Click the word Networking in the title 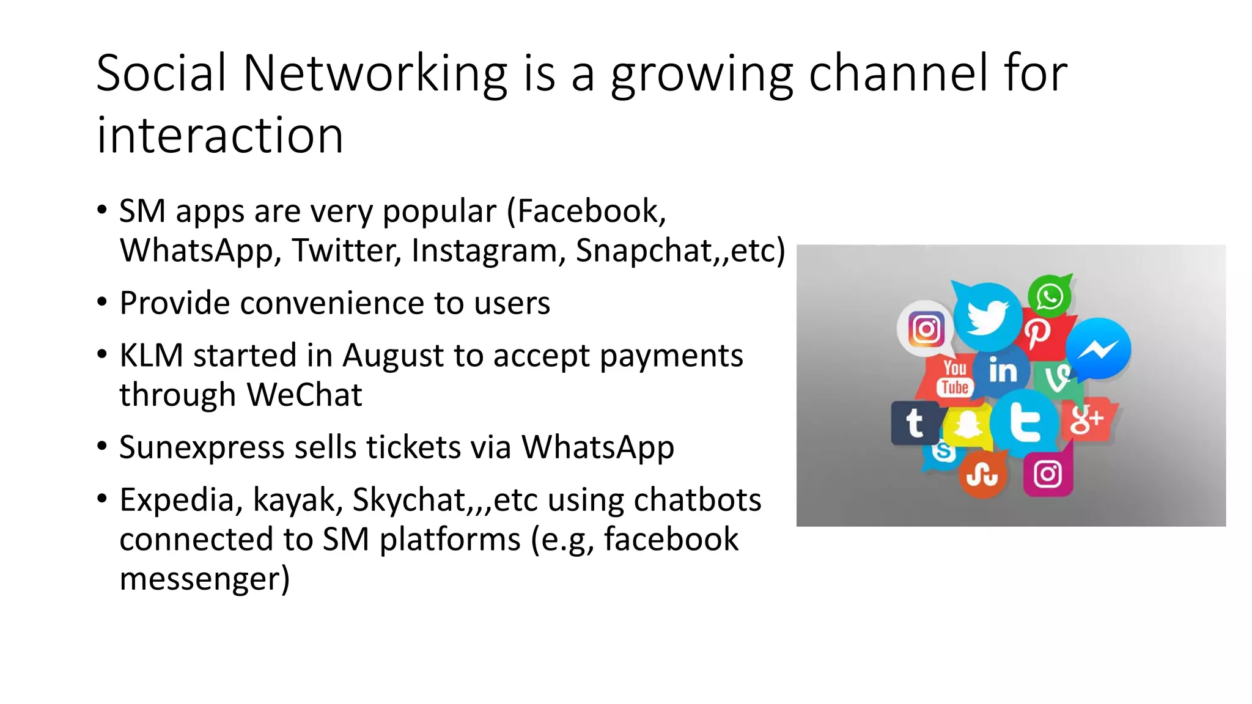coord(375,73)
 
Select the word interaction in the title coord(220,135)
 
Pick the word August coord(392,356)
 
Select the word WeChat coord(304,395)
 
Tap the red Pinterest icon coord(1038,333)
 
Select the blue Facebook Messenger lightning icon coord(1099,349)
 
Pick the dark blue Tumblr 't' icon coord(915,422)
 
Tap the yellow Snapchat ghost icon coord(967,425)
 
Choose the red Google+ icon coord(1086,420)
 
